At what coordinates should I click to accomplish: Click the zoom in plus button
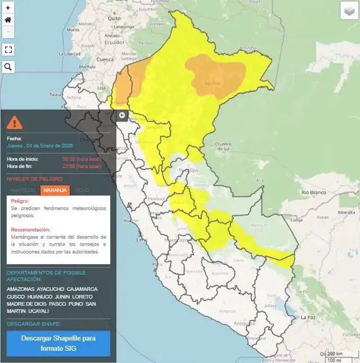[8, 7]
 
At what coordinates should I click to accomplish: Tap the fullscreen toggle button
[8, 49]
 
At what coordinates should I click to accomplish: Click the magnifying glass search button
[8, 67]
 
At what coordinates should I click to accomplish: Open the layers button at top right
[349, 11]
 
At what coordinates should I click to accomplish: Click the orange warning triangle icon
[16, 121]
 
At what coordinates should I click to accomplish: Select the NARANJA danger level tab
[55, 190]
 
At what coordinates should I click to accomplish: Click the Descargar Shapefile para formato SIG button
[58, 343]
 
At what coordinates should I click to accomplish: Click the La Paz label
[307, 317]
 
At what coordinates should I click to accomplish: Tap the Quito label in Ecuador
[115, 18]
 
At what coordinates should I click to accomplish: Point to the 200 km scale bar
[335, 353]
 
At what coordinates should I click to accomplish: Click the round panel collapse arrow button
[122, 115]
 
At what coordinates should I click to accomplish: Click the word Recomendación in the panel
[30, 230]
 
